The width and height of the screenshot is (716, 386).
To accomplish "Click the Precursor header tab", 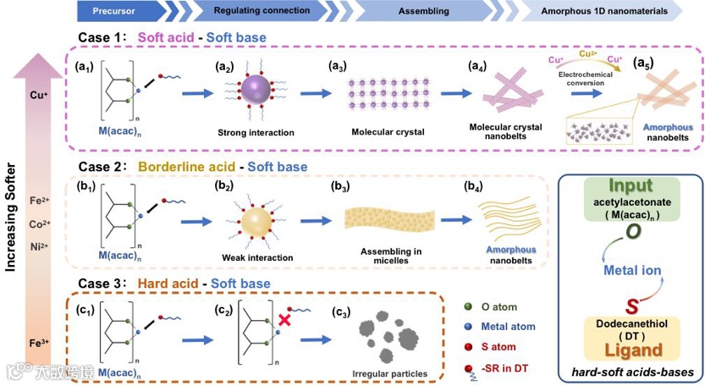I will click(x=115, y=10).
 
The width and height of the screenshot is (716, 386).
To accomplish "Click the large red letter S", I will click(x=631, y=304).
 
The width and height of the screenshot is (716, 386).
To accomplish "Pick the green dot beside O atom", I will click(x=469, y=307).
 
